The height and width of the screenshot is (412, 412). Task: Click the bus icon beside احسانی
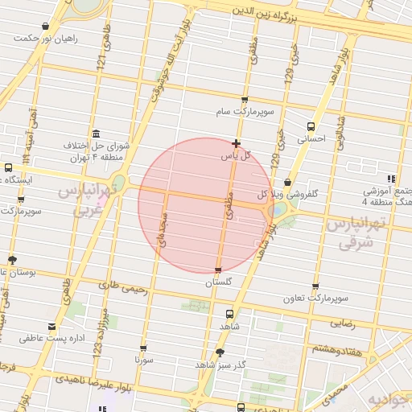point(311,126)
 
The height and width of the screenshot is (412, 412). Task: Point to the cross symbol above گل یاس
point(235,143)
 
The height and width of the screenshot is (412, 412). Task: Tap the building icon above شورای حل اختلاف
point(97,134)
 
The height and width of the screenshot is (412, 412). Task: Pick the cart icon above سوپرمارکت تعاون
point(315,286)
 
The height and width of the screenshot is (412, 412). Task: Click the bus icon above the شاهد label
point(230,315)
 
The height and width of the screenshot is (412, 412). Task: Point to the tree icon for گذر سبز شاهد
point(220,352)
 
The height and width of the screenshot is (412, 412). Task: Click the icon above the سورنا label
point(144,349)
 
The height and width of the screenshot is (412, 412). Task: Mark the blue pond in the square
point(278,210)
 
